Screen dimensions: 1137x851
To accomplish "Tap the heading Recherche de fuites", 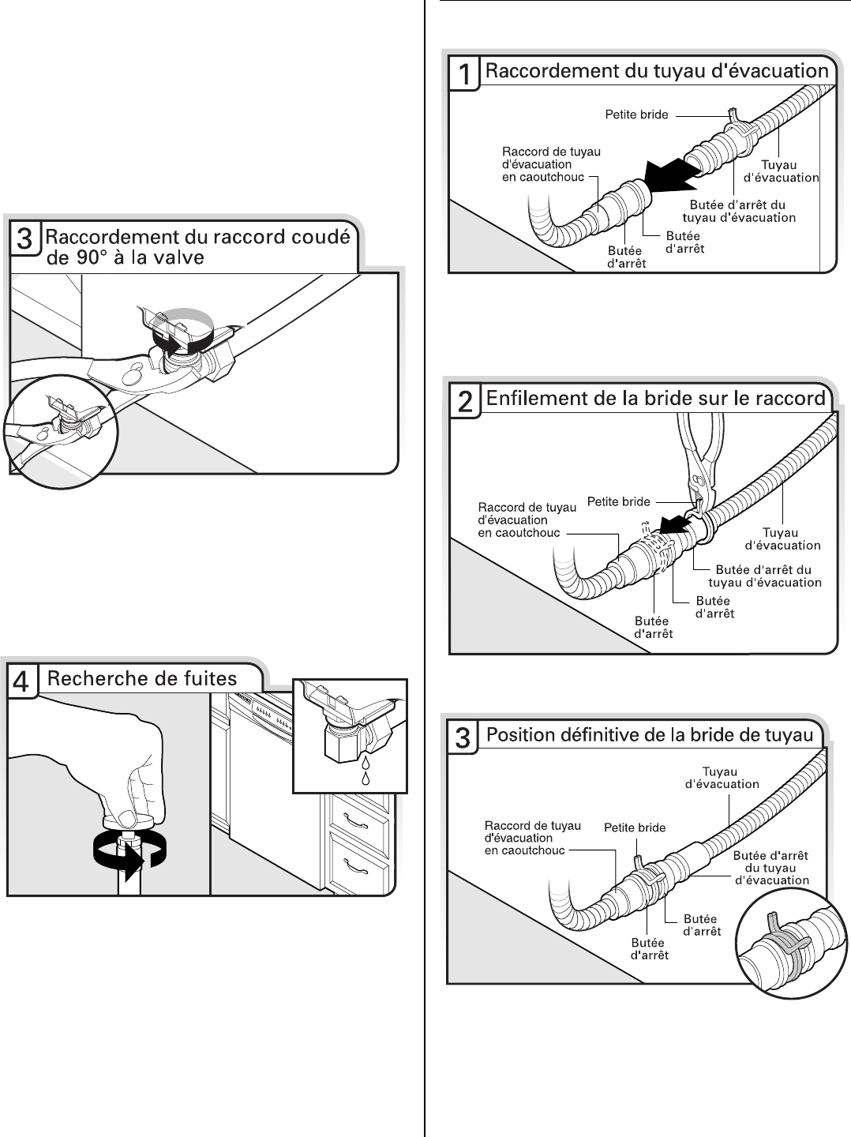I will [142, 677].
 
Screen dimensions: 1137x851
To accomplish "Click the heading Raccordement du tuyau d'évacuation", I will [656, 72].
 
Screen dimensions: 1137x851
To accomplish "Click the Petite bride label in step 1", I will [636, 114].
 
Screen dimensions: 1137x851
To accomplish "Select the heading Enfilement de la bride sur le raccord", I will [655, 399].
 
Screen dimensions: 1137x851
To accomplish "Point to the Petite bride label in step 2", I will [619, 501].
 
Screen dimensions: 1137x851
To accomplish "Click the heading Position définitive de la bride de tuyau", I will [650, 735].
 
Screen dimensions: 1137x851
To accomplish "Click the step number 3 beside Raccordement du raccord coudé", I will [25, 239].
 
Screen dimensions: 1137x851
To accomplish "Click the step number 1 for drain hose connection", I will [466, 76].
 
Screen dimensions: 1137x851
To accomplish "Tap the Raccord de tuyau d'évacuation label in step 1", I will [543, 164].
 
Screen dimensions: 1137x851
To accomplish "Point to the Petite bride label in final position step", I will [635, 827].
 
